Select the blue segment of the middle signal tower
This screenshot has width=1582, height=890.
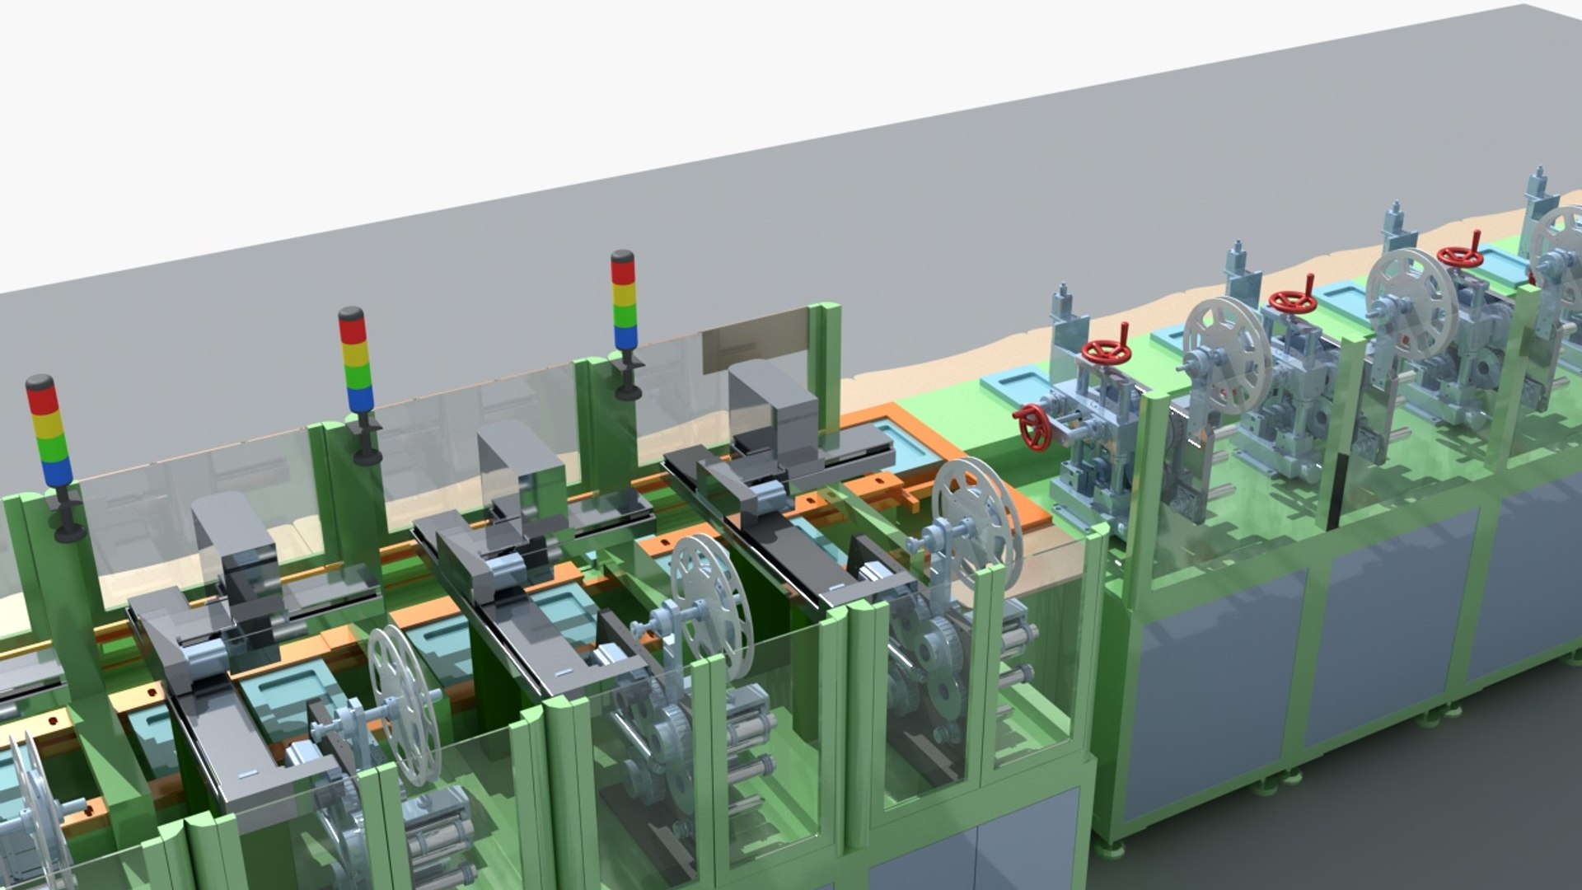[x=359, y=399]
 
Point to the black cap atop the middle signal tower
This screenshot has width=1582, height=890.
[x=350, y=313]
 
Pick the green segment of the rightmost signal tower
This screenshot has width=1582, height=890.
[x=624, y=317]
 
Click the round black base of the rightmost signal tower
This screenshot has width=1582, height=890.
[x=629, y=392]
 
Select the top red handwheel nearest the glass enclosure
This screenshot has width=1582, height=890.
[x=1105, y=352]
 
